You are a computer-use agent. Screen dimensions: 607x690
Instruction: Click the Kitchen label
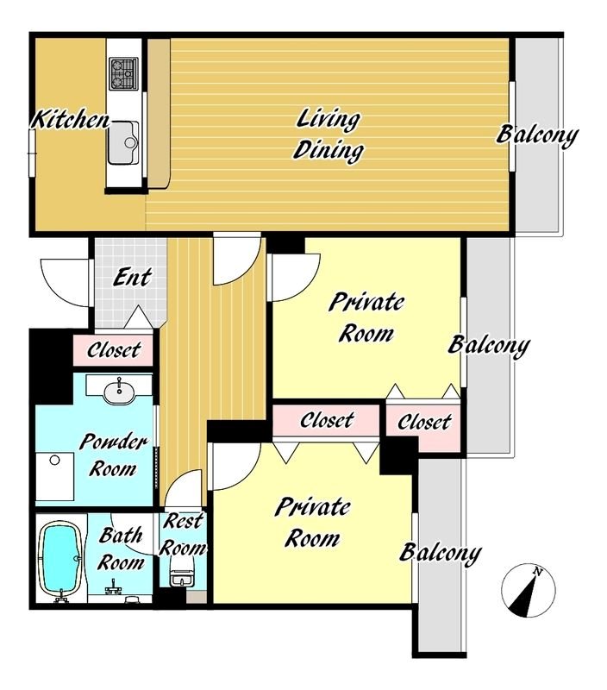pyautogui.click(x=71, y=120)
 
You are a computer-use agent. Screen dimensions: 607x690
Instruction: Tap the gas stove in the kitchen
pyautogui.click(x=123, y=73)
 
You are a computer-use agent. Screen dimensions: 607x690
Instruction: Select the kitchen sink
pyautogui.click(x=123, y=142)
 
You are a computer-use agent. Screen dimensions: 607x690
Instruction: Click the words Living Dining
pyautogui.click(x=328, y=135)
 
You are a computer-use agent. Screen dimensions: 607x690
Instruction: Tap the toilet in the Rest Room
pyautogui.click(x=181, y=572)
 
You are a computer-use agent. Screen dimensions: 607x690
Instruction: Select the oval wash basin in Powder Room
pyautogui.click(x=119, y=391)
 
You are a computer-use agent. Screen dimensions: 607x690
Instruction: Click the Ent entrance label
pyautogui.click(x=132, y=277)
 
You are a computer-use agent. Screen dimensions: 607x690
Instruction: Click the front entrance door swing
pyautogui.click(x=66, y=283)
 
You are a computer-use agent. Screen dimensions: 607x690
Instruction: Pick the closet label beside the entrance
pyautogui.click(x=114, y=350)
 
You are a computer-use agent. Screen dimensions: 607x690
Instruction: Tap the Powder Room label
pyautogui.click(x=113, y=455)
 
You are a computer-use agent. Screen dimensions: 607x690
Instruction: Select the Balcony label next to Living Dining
pyautogui.click(x=536, y=135)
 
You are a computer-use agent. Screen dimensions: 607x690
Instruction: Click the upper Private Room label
pyautogui.click(x=366, y=317)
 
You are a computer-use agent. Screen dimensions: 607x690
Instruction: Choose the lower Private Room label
pyautogui.click(x=312, y=523)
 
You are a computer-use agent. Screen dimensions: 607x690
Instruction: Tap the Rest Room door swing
pyautogui.click(x=184, y=488)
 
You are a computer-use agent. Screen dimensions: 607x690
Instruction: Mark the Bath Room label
pyautogui.click(x=121, y=549)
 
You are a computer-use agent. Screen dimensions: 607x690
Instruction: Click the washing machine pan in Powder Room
pyautogui.click(x=54, y=476)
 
